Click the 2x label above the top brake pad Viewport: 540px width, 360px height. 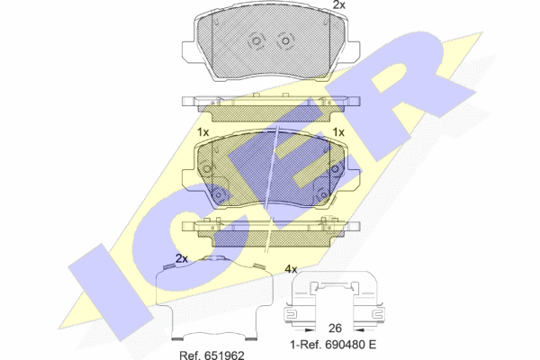click(x=339, y=4)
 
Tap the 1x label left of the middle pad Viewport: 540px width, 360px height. click(x=203, y=132)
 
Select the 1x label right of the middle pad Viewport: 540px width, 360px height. click(x=338, y=132)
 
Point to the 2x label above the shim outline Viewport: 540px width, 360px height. click(x=182, y=258)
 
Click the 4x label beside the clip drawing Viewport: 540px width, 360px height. click(x=291, y=269)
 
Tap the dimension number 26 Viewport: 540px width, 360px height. click(x=335, y=328)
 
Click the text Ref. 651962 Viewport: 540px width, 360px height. click(x=211, y=355)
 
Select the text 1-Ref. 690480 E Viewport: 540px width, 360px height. click(x=333, y=344)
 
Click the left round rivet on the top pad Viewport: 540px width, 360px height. click(x=256, y=41)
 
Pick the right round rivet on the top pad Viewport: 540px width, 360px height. click(x=285, y=41)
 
